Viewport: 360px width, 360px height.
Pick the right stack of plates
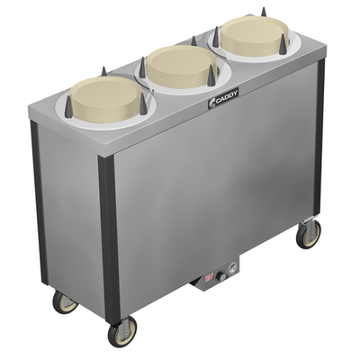242,37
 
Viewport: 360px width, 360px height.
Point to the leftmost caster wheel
63,301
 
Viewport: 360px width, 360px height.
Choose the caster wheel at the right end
309,233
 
